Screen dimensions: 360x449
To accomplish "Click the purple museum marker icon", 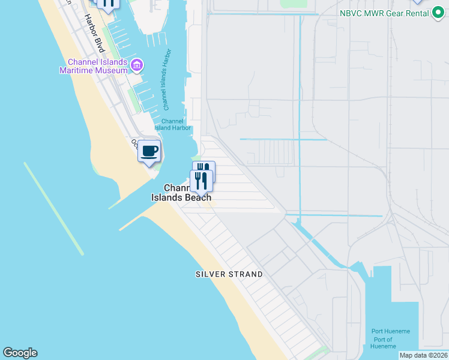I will pyautogui.click(x=137, y=64).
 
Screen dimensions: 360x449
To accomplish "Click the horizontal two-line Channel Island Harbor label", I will pyautogui.click(x=172, y=124).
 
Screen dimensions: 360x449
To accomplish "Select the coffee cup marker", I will pyautogui.click(x=149, y=151).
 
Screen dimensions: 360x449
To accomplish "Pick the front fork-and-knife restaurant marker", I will pyautogui.click(x=201, y=180).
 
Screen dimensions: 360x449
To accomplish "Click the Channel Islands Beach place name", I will pyautogui.click(x=181, y=193).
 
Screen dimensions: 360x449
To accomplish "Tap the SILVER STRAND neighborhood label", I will pyautogui.click(x=229, y=274).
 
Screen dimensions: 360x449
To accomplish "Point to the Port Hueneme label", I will pyautogui.click(x=390, y=331).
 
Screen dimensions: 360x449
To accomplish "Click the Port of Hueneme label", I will pyautogui.click(x=382, y=343).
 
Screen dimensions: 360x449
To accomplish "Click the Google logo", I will pyautogui.click(x=20, y=353).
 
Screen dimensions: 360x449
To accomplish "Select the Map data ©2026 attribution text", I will pyautogui.click(x=424, y=355).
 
